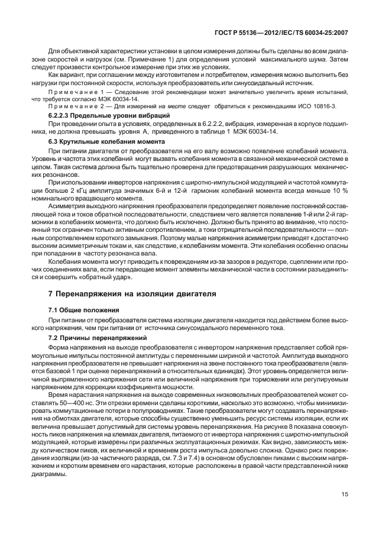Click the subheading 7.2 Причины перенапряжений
[88, 337]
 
